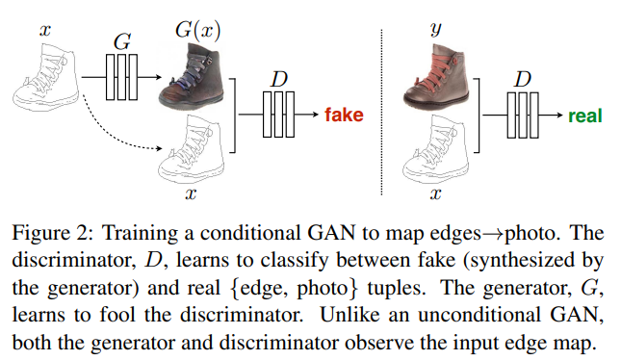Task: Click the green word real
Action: coord(584,116)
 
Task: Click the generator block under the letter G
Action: coord(120,74)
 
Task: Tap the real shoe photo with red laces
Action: coord(438,79)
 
